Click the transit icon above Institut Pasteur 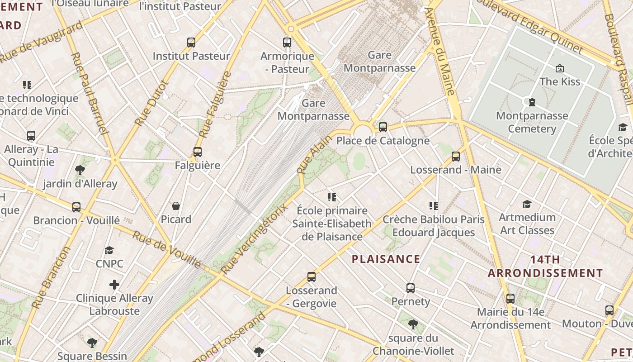coord(191,43)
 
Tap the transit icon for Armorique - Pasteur coord(287,43)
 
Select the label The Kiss coord(560,81)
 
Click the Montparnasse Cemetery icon coord(532,102)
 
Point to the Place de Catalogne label coord(383,141)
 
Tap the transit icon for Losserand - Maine coord(456,157)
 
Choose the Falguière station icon coord(198,152)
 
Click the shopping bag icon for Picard coord(176,206)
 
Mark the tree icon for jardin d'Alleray coord(80,171)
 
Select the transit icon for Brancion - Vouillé coord(76,207)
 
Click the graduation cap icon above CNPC coord(109,251)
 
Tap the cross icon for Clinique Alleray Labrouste coord(114,285)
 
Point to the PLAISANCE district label coord(386,259)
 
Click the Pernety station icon coord(411,288)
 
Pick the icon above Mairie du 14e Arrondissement coord(510,299)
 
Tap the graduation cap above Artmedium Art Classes coord(527,204)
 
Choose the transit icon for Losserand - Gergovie coord(312,277)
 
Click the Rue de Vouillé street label coord(167,249)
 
